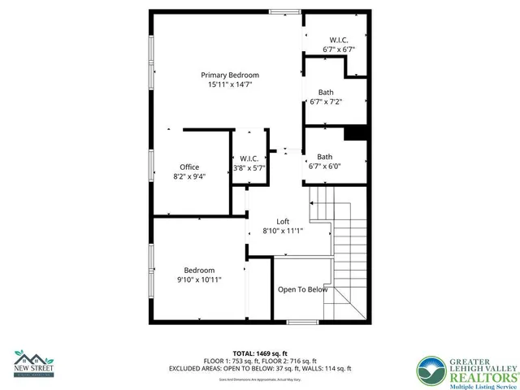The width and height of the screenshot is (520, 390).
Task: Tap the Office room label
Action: [189, 167]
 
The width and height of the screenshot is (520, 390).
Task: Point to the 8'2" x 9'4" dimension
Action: [189, 176]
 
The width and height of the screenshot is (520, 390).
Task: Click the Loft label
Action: [283, 222]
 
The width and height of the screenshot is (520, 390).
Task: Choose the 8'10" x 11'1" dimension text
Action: [283, 231]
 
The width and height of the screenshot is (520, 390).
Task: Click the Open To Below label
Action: [303, 289]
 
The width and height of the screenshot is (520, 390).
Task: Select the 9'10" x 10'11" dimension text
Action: [199, 279]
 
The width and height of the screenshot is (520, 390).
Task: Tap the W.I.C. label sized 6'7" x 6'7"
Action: [339, 40]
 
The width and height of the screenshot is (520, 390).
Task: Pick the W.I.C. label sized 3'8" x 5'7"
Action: [249, 158]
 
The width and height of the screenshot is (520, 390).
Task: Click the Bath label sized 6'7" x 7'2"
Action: [325, 92]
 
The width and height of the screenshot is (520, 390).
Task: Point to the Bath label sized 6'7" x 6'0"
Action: [325, 157]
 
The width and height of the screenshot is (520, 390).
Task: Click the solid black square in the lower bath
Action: [355, 133]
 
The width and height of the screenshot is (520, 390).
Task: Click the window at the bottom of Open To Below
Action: [302, 322]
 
